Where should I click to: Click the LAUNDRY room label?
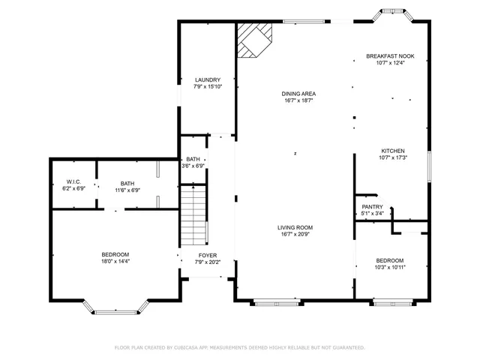click(x=207, y=79)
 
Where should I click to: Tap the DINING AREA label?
click(x=298, y=94)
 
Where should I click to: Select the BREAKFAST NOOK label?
click(x=390, y=56)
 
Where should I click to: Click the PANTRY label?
click(x=372, y=207)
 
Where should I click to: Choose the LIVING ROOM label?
click(x=294, y=227)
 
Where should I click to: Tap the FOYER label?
click(x=208, y=256)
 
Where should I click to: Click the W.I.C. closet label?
click(x=73, y=182)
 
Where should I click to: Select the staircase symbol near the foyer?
click(x=193, y=216)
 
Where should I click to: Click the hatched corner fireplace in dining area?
click(x=253, y=39)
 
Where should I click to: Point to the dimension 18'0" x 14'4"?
click(x=115, y=262)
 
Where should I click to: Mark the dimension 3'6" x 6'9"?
click(x=193, y=166)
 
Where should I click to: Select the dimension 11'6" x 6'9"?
click(x=127, y=190)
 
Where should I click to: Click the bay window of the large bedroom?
click(x=115, y=307)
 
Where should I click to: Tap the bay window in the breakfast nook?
click(x=394, y=15)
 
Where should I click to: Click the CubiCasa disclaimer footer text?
click(x=239, y=348)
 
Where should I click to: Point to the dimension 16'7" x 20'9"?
click(x=294, y=235)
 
